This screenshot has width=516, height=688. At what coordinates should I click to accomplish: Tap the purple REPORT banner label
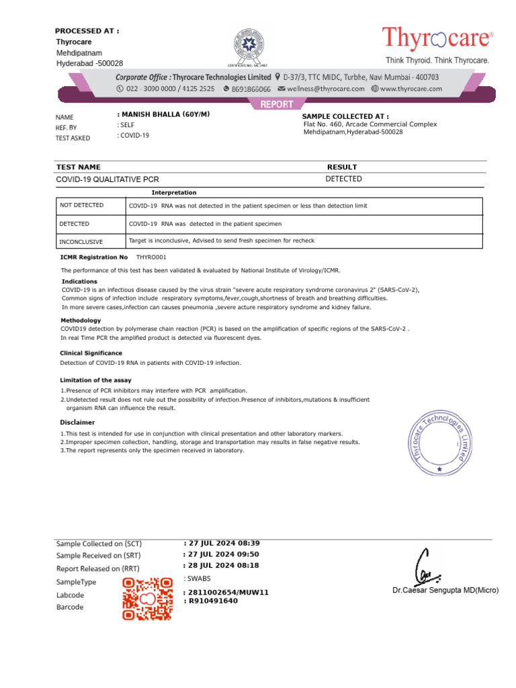pos(272,104)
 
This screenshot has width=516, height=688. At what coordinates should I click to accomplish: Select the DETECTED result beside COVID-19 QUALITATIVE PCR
pos(343,179)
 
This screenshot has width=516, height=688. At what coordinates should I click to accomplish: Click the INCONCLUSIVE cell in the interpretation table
pos(81,241)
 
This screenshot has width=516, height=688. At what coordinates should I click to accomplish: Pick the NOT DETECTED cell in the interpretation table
pos(82,206)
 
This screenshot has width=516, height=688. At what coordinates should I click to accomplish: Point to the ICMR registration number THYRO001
pos(151,257)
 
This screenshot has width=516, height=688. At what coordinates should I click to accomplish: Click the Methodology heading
pos(81,320)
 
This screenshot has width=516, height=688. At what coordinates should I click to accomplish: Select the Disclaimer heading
pos(77,423)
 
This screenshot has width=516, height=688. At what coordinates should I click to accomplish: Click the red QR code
pos(146,598)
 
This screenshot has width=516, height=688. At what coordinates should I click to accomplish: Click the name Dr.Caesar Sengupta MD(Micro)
pos(445,591)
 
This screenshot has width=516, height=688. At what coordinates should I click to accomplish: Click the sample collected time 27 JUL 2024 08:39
pos(222,543)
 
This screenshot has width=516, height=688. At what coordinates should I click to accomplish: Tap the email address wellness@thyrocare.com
pos(325,88)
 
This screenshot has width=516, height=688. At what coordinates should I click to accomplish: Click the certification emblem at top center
pos(247,46)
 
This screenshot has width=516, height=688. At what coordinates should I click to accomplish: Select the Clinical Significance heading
pos(91,353)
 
